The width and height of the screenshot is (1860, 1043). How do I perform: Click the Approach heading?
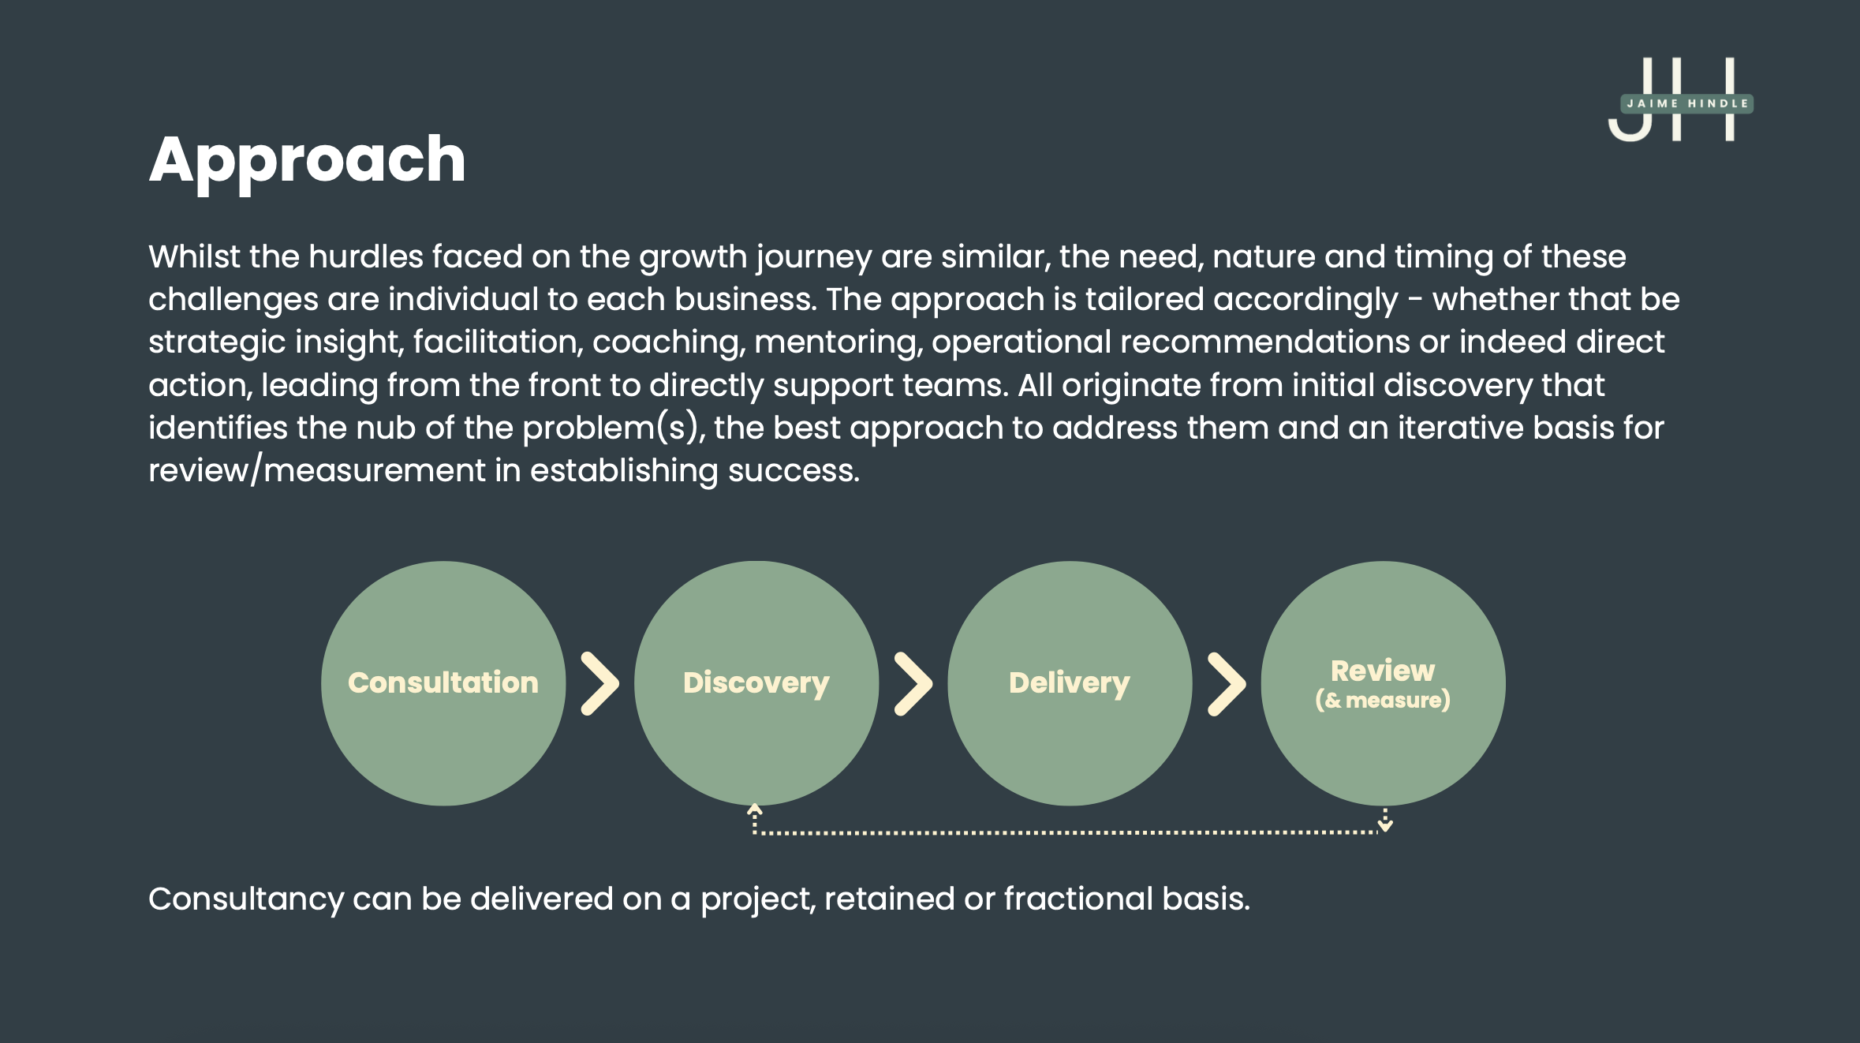307,160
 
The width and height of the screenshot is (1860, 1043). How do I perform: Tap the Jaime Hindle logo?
1680,101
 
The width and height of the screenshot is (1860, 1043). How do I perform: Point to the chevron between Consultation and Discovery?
599,683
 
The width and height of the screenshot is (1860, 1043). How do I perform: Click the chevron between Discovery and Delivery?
913,683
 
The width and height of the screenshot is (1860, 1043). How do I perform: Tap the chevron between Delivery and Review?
1227,683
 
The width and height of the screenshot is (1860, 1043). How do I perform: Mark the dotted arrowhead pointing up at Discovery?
755,809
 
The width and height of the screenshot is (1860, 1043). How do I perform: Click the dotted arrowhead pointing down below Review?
1385,825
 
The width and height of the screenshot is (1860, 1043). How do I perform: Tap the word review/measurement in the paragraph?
317,470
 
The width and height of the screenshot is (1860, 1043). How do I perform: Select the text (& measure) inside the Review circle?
1382,701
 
